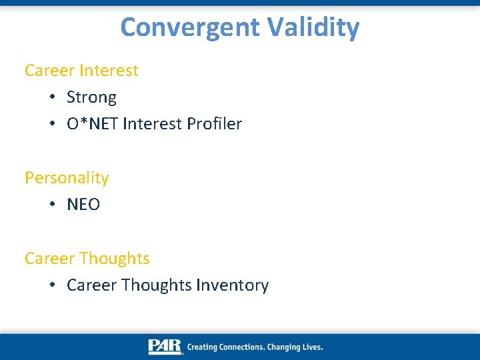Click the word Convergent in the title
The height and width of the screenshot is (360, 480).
click(x=191, y=28)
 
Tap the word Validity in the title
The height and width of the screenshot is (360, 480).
click(x=313, y=28)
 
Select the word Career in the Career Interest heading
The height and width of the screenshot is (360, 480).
click(x=49, y=71)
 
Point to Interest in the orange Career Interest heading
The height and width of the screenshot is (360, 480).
click(x=109, y=71)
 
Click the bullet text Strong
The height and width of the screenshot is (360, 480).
click(x=91, y=97)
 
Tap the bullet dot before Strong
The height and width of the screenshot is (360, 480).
click(x=52, y=98)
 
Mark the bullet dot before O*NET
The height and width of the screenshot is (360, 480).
click(x=52, y=125)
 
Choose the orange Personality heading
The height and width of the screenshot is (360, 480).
click(x=67, y=178)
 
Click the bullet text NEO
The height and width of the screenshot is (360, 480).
click(x=83, y=205)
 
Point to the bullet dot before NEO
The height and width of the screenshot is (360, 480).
click(x=52, y=205)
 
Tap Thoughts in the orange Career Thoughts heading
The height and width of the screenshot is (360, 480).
click(x=114, y=258)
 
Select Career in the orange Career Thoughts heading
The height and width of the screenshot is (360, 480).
click(x=49, y=258)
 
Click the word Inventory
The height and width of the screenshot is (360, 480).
click(x=233, y=285)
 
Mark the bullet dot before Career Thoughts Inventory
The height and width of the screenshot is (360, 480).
click(x=52, y=286)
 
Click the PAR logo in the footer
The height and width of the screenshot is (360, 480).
click(x=165, y=347)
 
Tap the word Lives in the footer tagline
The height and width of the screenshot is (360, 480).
click(x=311, y=347)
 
